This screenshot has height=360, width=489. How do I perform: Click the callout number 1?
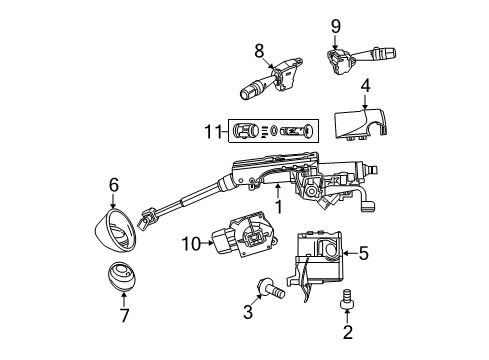[x=278, y=206]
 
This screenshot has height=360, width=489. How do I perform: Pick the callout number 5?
[x=363, y=255]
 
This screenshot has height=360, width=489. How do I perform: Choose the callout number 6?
[x=114, y=184]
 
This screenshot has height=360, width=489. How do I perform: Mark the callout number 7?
[x=124, y=317]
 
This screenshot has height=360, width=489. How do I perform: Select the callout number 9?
[x=336, y=25]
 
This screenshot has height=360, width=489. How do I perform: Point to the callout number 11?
[x=211, y=131]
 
